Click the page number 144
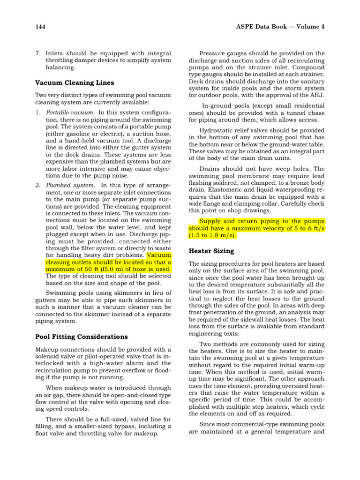click(x=41, y=27)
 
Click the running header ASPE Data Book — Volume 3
click(x=281, y=27)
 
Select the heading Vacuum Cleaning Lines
click(x=75, y=83)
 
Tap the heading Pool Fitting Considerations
click(x=82, y=337)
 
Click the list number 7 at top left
click(x=38, y=53)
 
